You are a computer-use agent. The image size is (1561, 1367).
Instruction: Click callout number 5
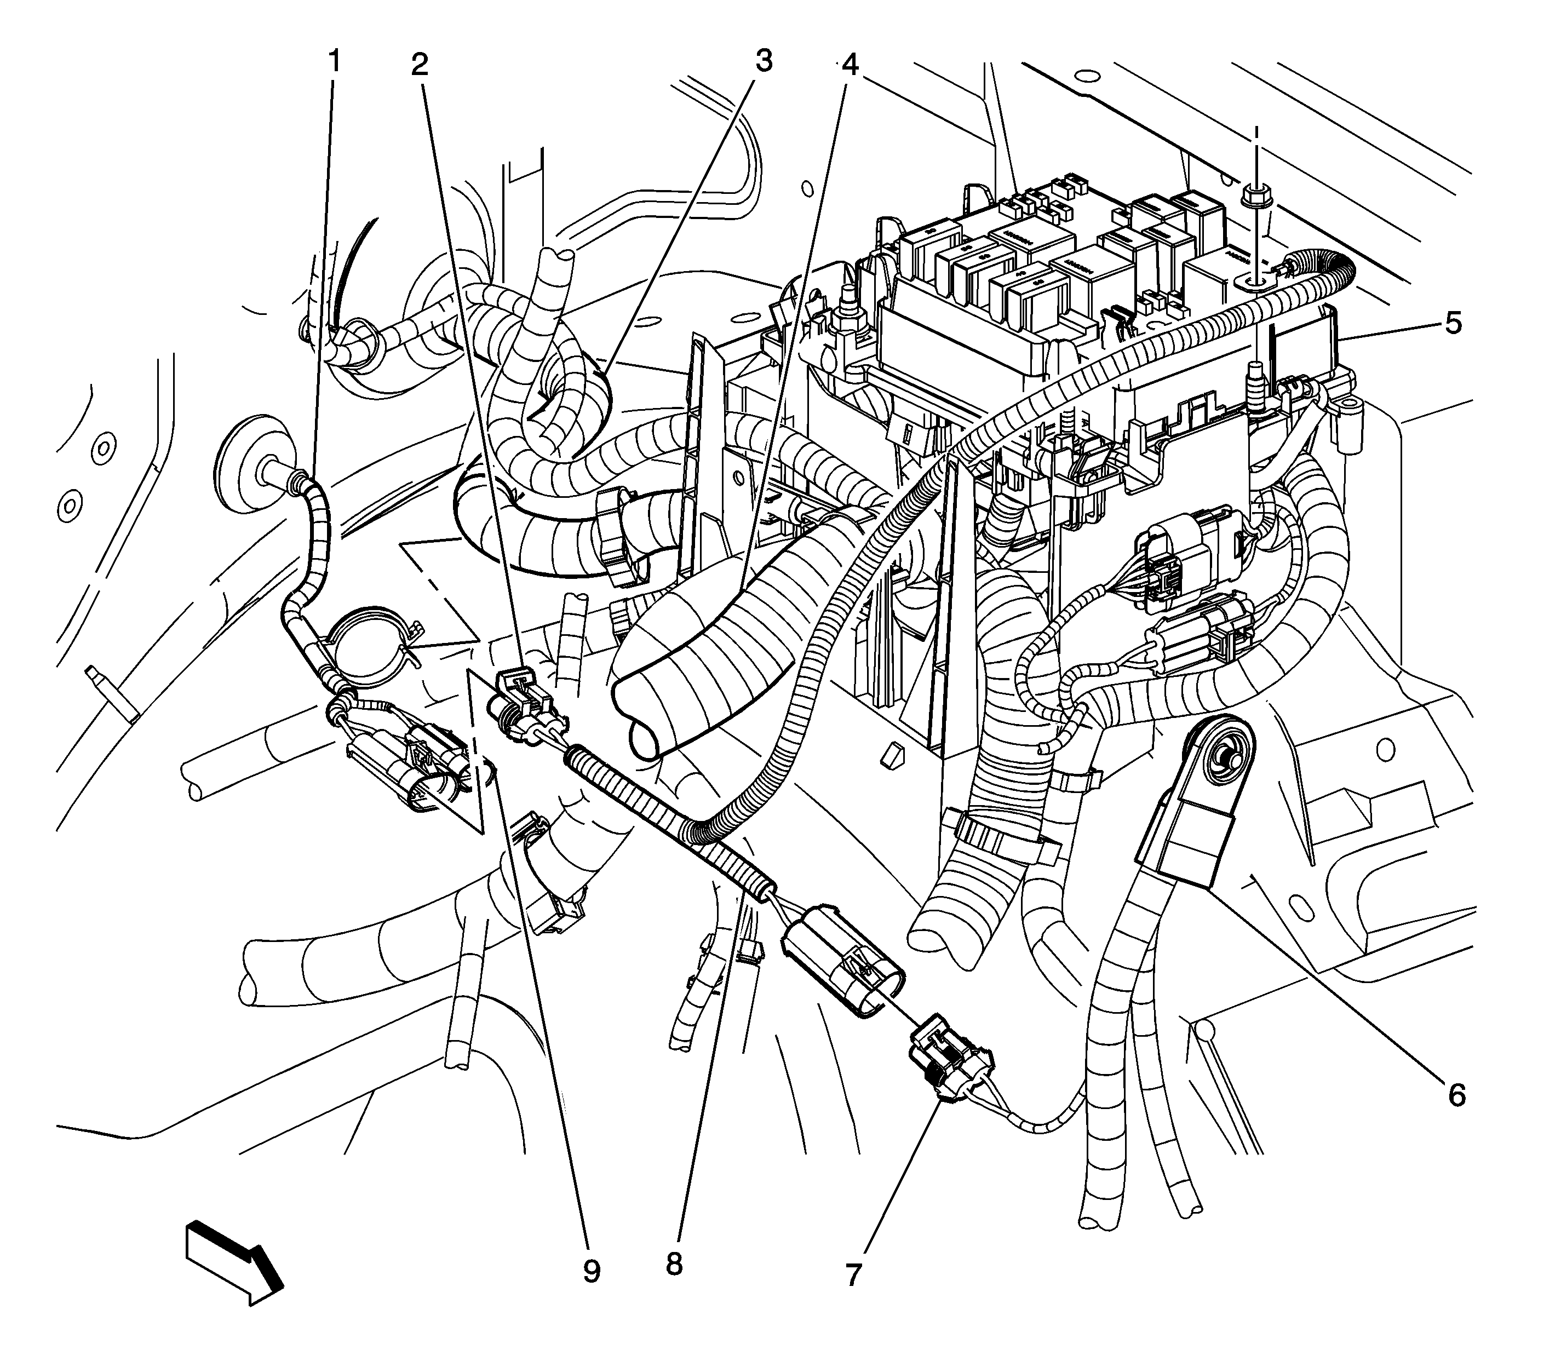(1453, 324)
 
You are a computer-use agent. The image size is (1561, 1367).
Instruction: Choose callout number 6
(1456, 1095)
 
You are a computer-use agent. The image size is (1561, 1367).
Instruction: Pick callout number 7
(852, 1274)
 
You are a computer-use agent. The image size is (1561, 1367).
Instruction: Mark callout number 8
(673, 1264)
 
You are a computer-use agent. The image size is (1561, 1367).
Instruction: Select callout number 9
(592, 1271)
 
